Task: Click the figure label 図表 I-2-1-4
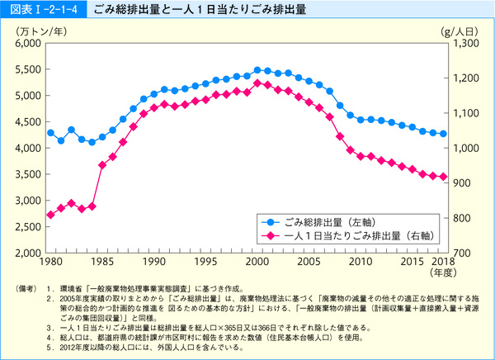31,10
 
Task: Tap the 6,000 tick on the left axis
27,43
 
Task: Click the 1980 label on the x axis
50,261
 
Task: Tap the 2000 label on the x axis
258,261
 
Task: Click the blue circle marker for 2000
257,70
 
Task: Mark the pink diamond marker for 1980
50,215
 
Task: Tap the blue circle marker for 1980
50,132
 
